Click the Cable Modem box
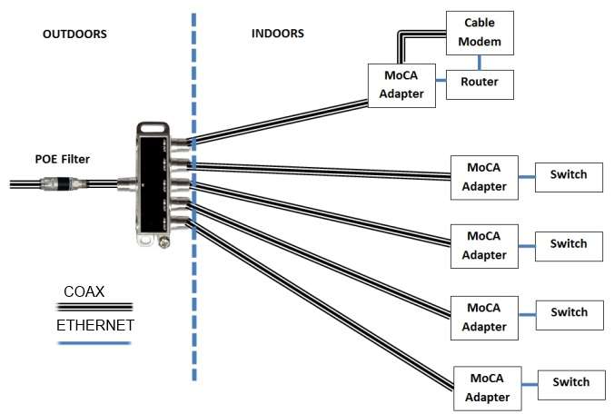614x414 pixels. click(479, 33)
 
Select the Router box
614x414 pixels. click(479, 83)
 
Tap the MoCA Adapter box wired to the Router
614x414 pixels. click(400, 85)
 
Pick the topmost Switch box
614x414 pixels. click(569, 175)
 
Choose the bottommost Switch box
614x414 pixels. click(570, 383)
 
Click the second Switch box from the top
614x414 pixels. click(569, 244)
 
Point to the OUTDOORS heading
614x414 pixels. click(75, 34)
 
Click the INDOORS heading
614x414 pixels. click(277, 34)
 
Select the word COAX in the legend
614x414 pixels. click(84, 291)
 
